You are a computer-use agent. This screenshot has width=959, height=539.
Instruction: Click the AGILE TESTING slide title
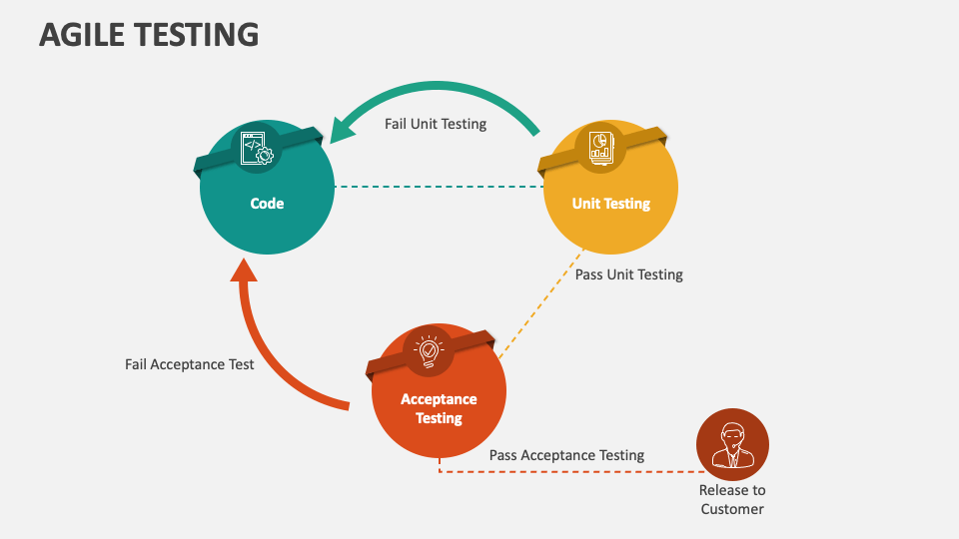149,34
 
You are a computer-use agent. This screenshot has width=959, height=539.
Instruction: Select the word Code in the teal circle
267,204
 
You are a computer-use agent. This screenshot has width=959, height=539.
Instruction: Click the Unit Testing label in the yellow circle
610,204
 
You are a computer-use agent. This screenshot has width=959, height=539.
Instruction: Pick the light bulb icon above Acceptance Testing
429,349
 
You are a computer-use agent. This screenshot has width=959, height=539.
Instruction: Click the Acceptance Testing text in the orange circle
439,408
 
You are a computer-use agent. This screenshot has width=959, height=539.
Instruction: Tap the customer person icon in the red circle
732,445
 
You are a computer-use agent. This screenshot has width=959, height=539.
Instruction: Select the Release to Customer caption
732,499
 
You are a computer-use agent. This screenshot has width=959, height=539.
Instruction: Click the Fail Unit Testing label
436,125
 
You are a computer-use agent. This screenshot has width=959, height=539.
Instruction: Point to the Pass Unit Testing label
629,274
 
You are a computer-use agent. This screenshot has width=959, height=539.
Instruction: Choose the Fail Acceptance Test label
190,364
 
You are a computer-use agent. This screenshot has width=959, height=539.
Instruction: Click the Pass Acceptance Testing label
566,455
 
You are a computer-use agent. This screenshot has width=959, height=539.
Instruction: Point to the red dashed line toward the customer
569,471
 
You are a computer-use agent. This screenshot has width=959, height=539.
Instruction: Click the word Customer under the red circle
732,509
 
